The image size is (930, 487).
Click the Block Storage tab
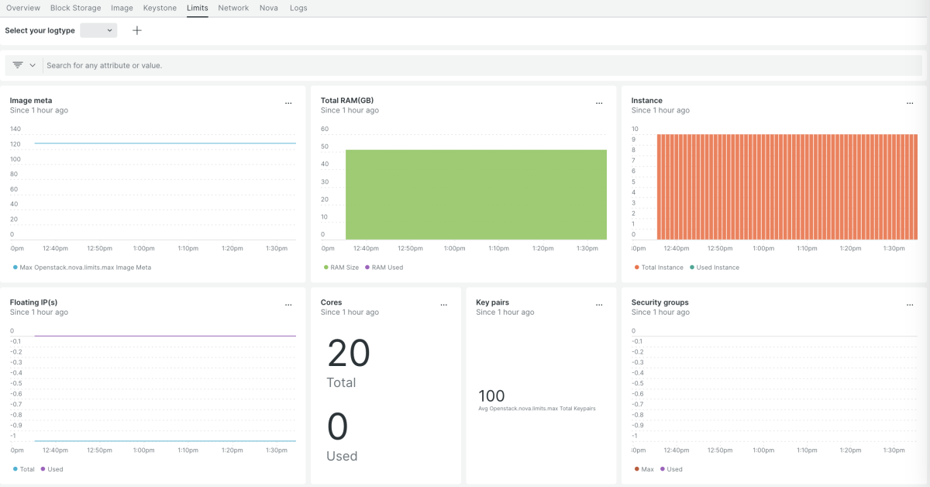click(75, 8)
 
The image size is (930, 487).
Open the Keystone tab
click(160, 8)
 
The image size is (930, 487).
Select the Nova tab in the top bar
click(268, 8)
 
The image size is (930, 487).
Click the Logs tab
click(298, 8)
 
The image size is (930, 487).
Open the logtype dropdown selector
click(98, 30)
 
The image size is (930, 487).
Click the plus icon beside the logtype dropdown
click(137, 30)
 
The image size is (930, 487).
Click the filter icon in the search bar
click(18, 65)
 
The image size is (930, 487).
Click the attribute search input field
click(465, 65)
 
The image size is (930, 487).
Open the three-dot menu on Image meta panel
click(288, 103)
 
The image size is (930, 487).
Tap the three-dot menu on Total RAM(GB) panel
click(599, 103)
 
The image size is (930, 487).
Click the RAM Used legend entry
click(387, 268)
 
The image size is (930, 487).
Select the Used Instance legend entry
click(718, 268)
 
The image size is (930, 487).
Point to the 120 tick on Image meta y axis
click(15, 144)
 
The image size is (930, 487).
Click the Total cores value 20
click(349, 354)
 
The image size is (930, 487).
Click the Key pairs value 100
click(491, 396)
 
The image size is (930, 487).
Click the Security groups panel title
click(660, 302)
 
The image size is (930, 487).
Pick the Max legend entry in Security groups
click(647, 469)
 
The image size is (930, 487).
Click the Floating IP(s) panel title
click(33, 302)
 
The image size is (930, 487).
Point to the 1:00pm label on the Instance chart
click(763, 248)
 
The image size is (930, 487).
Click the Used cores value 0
click(338, 427)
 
